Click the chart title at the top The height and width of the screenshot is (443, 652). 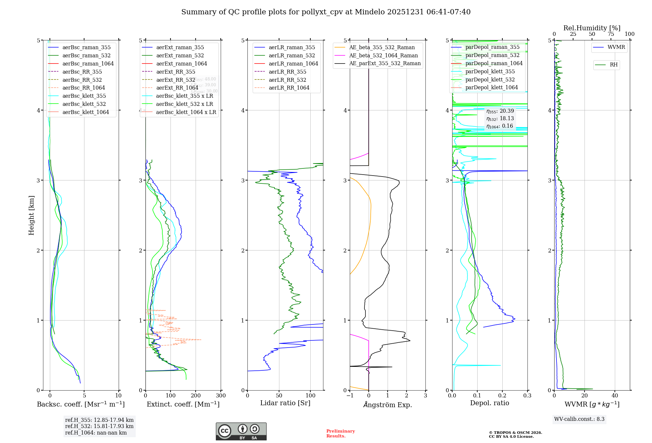point(326,12)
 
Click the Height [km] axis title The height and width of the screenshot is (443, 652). point(31,215)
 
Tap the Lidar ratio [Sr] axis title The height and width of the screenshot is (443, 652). point(285,403)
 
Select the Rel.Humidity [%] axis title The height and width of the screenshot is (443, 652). point(592,28)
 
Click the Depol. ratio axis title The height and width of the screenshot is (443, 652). point(489,403)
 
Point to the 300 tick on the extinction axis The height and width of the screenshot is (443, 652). point(221,396)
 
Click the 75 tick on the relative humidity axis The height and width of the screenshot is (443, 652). point(611,34)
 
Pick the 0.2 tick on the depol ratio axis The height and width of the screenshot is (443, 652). point(502,396)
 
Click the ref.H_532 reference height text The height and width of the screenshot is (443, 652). point(99,426)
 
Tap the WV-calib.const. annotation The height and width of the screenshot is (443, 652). point(579,419)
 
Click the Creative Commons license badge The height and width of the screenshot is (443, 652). point(241,431)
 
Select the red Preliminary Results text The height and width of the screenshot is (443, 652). point(340,434)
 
